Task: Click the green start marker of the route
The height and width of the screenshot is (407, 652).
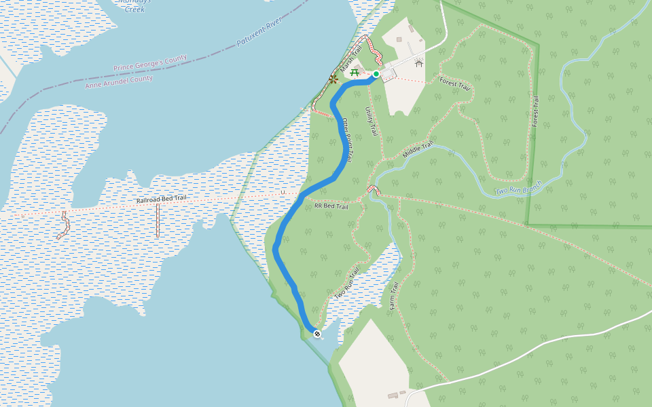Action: tap(376, 74)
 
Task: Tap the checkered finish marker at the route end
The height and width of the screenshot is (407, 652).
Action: tap(316, 333)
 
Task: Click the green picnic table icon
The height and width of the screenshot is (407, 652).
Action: tap(355, 73)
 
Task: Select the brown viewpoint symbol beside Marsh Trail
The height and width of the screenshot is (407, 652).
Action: tap(333, 79)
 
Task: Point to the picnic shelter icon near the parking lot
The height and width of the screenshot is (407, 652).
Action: tap(419, 64)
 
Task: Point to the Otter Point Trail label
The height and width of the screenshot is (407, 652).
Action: tap(347, 139)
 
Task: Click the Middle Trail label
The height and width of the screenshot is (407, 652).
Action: tap(418, 150)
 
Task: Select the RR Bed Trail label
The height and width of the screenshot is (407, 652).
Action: tap(331, 205)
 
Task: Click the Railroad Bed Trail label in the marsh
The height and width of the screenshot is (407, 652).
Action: tap(162, 199)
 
